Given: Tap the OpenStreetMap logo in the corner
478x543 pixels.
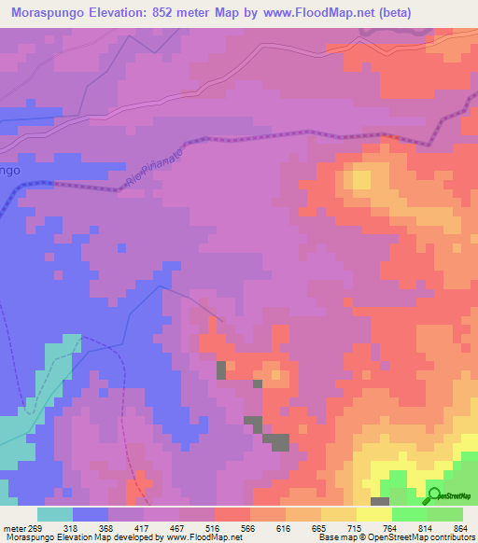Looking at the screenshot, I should point(452,498).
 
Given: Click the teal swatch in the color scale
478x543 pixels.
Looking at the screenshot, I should point(55,514).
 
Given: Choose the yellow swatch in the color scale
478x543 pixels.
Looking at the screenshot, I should point(374,514).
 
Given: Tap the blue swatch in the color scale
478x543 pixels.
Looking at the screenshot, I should point(91,514).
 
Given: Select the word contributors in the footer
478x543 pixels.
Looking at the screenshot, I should point(450,537).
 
